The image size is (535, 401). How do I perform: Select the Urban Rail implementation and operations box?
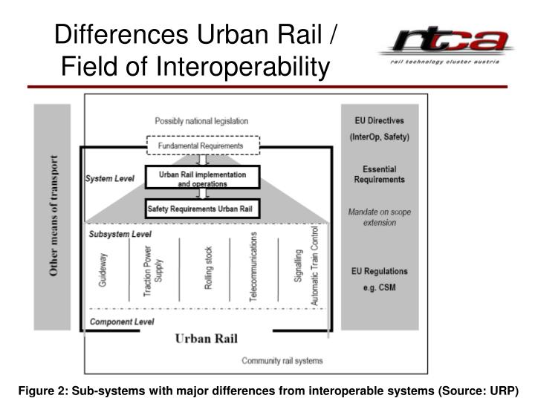pyautogui.click(x=202, y=177)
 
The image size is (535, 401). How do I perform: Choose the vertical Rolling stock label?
pyautogui.click(x=208, y=268)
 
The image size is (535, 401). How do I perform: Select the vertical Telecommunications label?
pyautogui.click(x=253, y=266)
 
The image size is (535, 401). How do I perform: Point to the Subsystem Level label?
pyautogui.click(x=120, y=234)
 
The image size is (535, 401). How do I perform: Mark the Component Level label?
pyautogui.click(x=121, y=322)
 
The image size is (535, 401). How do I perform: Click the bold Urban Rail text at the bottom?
pyautogui.click(x=206, y=339)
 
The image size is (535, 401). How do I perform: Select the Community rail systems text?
pyautogui.click(x=282, y=361)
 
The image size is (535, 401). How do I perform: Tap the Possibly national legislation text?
pyautogui.click(x=201, y=121)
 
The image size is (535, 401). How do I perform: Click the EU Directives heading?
pyautogui.click(x=379, y=120)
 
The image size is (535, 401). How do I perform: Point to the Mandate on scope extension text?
pyautogui.click(x=379, y=217)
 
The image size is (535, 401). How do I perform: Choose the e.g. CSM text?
pyautogui.click(x=379, y=287)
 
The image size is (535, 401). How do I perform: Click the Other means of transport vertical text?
pyautogui.click(x=53, y=216)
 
